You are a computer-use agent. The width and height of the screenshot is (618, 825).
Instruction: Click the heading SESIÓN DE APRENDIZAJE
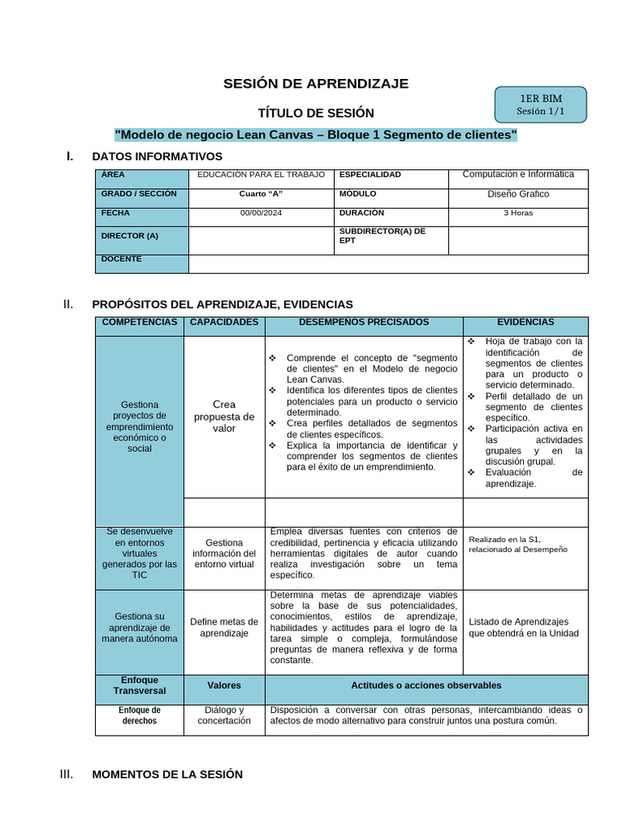(315, 84)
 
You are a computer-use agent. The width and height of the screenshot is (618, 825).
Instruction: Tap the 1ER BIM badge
(540, 105)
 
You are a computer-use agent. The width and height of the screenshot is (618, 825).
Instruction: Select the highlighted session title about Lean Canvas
(315, 135)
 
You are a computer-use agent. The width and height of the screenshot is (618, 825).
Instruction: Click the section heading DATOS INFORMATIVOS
(157, 156)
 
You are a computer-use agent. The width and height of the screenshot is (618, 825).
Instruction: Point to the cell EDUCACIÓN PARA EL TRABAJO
(261, 175)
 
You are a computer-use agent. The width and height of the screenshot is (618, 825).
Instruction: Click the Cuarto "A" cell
(261, 194)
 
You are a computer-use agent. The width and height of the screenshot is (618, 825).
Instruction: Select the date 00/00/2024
(261, 214)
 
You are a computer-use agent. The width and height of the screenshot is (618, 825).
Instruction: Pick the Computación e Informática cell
(518, 175)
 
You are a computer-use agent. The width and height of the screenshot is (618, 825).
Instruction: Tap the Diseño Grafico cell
(518, 194)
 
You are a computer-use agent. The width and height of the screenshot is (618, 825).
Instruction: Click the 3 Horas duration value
(518, 214)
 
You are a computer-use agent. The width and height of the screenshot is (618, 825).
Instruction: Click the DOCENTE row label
(122, 259)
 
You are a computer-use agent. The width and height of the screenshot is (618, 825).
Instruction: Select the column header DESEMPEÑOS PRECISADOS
(364, 322)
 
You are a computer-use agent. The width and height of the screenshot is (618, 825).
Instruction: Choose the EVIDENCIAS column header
(525, 322)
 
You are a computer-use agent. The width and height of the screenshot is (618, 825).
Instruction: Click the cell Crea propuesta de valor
(225, 417)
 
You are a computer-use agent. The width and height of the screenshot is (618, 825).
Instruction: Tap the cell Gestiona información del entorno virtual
(225, 553)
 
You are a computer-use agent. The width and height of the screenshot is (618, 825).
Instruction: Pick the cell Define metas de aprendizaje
(225, 628)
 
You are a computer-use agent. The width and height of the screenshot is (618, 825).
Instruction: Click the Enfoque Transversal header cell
(139, 686)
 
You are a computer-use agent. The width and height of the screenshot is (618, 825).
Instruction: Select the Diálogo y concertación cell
(225, 715)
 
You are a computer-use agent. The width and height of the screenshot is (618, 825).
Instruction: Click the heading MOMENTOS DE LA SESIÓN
(167, 774)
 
